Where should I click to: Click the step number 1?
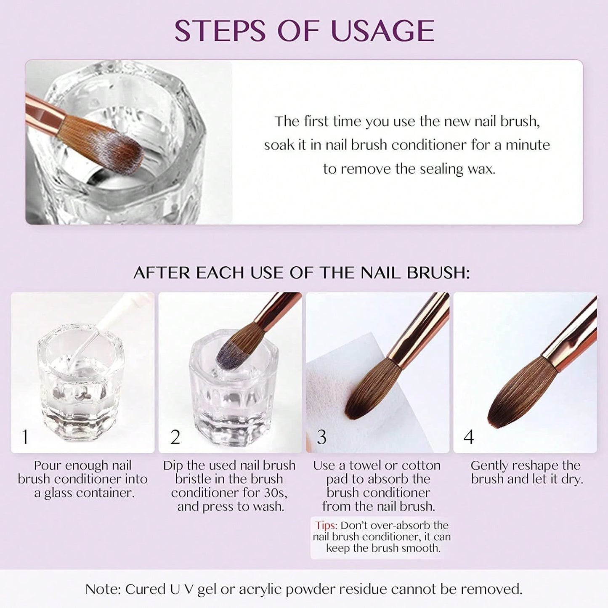tap(25, 437)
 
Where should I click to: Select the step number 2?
tap(175, 437)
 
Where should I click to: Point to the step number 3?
tap(321, 437)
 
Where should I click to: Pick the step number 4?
tap(469, 437)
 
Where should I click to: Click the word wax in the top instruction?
tap(481, 169)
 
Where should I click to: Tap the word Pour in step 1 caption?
tap(48, 465)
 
